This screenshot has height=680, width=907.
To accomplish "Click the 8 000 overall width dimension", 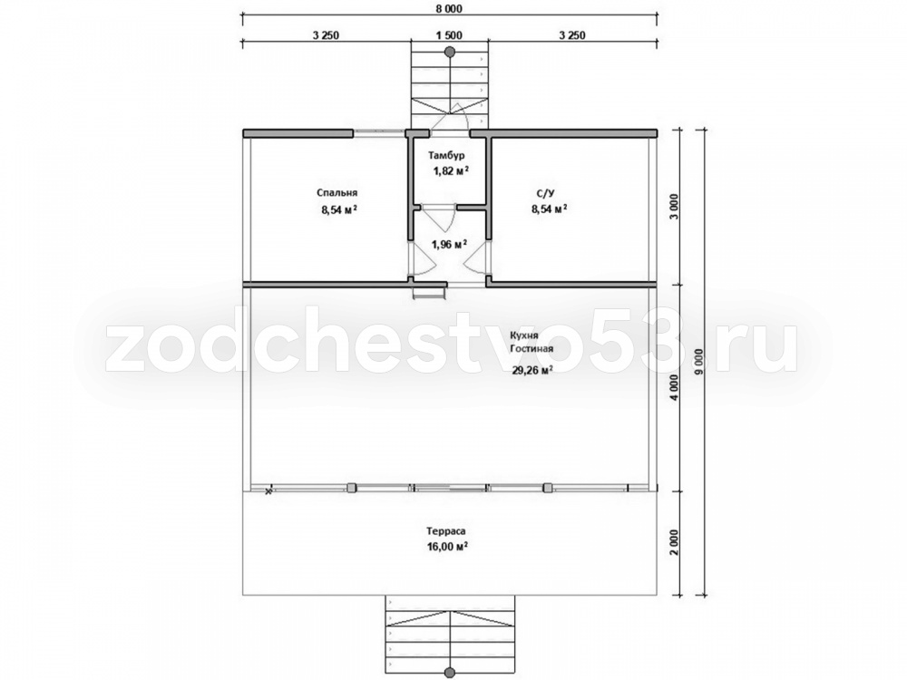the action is pos(450,9).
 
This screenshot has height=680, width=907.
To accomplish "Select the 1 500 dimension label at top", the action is pos(450,35).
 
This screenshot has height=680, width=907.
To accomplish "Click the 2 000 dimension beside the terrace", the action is pos(675,543).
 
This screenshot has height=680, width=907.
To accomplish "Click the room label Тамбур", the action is pos(446,156).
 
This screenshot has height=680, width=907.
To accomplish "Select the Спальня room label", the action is pos(337,193).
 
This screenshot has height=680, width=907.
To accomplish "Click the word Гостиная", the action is pos(532,349).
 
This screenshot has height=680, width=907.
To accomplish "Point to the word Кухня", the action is pos(524,335).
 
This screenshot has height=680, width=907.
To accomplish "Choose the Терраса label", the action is pos(446,530).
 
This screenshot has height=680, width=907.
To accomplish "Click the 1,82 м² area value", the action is pos(451,170).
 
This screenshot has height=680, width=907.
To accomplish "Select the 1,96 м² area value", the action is pos(450,244).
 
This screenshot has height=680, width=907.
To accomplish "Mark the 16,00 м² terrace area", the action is pos(448,547).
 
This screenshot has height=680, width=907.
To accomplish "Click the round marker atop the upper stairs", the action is pos(450,52).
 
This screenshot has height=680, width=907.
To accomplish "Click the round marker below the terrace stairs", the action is pos(450,673).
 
